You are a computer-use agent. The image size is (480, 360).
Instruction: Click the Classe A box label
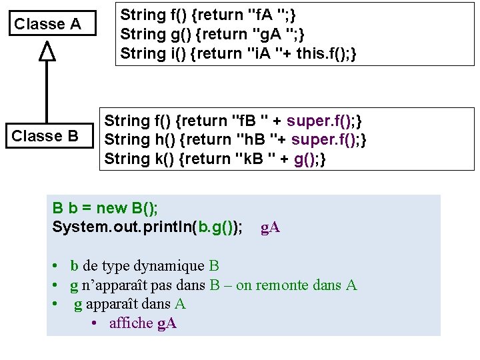click(x=47, y=25)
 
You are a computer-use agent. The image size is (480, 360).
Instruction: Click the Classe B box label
click(x=45, y=136)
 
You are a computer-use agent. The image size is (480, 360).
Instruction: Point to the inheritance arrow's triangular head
click(x=46, y=51)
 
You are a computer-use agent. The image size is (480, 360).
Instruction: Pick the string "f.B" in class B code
click(x=249, y=121)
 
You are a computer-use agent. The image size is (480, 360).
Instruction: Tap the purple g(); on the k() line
click(x=309, y=159)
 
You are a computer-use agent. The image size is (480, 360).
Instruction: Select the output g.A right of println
click(x=270, y=228)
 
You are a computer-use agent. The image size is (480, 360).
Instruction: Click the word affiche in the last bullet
click(x=131, y=324)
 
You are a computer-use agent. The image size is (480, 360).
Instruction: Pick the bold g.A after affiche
click(x=167, y=324)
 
